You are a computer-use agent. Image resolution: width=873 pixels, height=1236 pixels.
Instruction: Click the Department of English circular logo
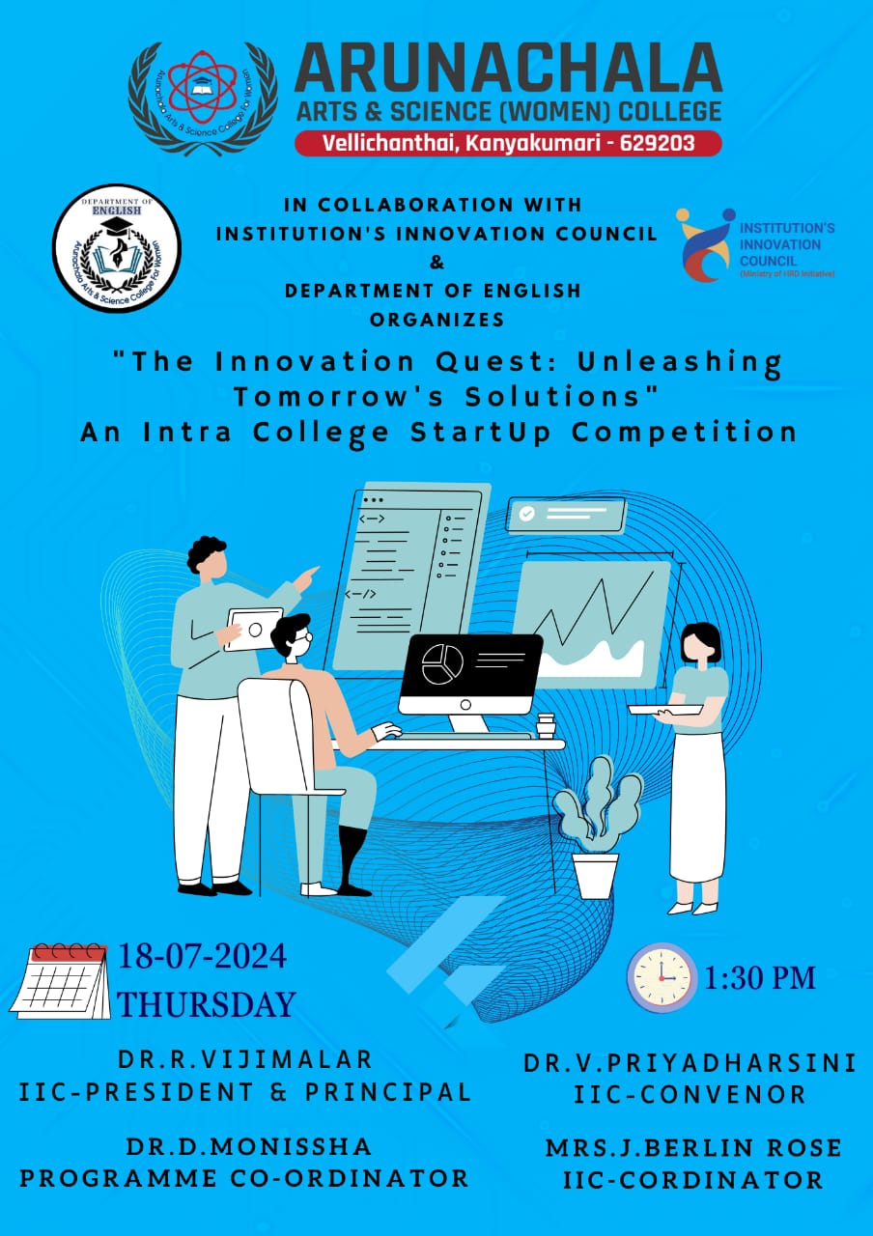pos(116,248)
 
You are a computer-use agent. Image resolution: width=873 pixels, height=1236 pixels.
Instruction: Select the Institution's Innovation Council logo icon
pos(704,243)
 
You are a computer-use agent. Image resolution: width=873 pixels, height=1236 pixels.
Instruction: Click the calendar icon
pos(61,980)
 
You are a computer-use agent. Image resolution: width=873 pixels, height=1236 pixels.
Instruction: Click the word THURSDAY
pos(207,1004)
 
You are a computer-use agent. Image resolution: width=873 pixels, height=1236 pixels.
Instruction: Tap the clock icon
pos(662,977)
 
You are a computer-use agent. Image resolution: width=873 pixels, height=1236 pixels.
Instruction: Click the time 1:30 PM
pos(760,978)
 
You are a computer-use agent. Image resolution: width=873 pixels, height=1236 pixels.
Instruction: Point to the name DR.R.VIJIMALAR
pos(245,1059)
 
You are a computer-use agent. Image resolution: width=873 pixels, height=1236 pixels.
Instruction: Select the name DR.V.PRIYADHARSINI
pos(690,1063)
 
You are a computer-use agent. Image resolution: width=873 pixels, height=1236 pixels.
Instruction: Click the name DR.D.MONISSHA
pos(248,1146)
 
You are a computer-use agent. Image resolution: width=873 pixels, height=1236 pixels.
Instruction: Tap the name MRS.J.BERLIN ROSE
pos(692,1148)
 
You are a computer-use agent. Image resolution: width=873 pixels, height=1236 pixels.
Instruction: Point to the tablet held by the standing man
pos(253,628)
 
